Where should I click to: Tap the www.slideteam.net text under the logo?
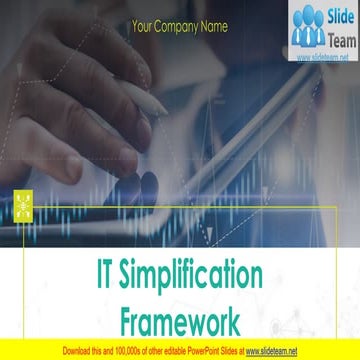pos(323,58)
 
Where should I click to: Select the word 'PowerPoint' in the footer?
pos(199,351)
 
